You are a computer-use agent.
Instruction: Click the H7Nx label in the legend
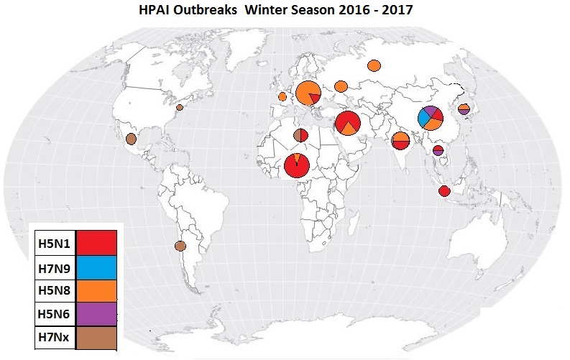(x=54, y=336)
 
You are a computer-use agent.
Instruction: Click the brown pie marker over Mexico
(x=131, y=139)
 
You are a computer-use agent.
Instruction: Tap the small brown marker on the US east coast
(x=180, y=107)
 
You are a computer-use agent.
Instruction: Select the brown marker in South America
(x=180, y=246)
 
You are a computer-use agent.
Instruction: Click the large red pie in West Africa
(x=297, y=165)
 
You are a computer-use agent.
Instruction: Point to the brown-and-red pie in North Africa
(x=301, y=135)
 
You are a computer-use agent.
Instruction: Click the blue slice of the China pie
(x=424, y=115)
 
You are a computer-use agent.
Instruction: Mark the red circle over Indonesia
(x=444, y=191)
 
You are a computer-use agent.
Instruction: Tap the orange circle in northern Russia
(x=374, y=66)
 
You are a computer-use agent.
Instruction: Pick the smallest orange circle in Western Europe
(x=282, y=96)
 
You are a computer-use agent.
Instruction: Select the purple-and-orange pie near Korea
(x=464, y=109)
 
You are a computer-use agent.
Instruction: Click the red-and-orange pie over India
(x=401, y=140)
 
